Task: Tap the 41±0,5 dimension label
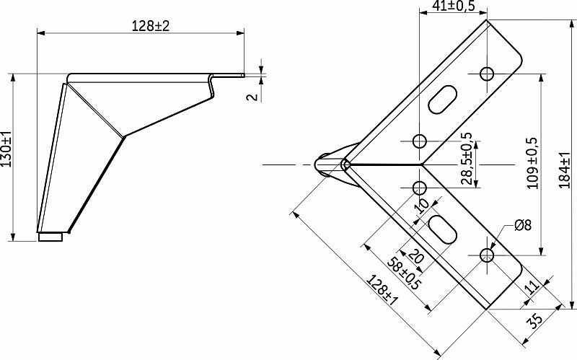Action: (x=453, y=6)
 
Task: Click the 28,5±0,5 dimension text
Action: (x=467, y=159)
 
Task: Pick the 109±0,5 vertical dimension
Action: (x=533, y=163)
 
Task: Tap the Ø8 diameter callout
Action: (x=523, y=225)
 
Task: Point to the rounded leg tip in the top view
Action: (x=326, y=164)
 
